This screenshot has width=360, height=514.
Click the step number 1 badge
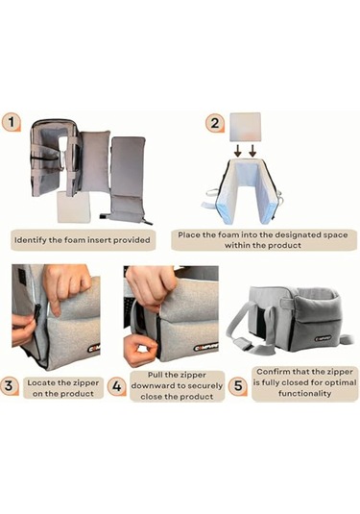(x=12, y=122)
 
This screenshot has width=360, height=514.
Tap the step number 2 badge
(x=215, y=123)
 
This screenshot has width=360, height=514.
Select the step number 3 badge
(x=10, y=385)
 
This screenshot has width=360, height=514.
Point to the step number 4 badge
(x=117, y=386)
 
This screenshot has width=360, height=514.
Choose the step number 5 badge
(x=238, y=385)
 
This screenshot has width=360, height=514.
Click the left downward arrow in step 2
(x=238, y=152)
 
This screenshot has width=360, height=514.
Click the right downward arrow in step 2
(x=252, y=152)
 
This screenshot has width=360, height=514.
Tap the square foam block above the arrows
(x=246, y=127)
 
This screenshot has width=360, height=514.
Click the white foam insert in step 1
(x=73, y=207)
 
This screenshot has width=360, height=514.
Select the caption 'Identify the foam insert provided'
(x=83, y=240)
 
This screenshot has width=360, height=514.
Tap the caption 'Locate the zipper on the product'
(x=63, y=388)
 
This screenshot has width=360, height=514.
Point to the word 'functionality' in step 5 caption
(x=304, y=393)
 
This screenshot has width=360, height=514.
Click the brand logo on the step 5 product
(x=323, y=338)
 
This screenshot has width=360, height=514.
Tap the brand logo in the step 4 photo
(x=206, y=348)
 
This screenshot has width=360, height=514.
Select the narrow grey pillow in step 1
(x=96, y=160)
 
